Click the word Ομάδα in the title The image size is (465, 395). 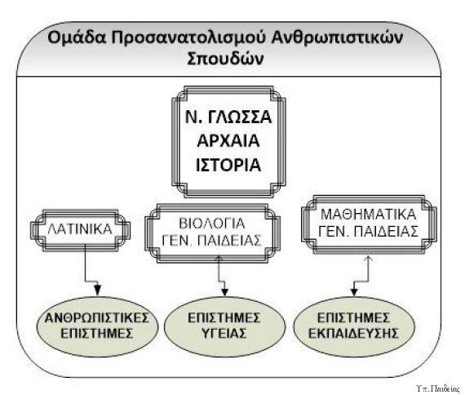point(77,38)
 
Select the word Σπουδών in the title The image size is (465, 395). point(225,59)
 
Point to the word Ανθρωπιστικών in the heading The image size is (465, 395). point(337,38)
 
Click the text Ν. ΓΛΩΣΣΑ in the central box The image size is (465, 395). point(228,117)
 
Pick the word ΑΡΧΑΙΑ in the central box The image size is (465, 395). point(228,140)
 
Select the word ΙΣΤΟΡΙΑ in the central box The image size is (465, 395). point(228,165)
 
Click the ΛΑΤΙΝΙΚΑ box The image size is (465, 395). point(80,230)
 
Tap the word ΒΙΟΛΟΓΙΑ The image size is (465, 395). point(212,224)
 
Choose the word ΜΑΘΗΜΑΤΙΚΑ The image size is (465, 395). point(369,215)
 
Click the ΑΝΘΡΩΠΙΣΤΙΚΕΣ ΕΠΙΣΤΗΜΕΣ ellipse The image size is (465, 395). point(97,326)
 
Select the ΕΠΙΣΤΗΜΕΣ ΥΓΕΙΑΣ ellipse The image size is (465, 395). point(224,326)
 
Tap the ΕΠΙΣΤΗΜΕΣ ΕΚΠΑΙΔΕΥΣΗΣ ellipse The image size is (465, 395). point(353,326)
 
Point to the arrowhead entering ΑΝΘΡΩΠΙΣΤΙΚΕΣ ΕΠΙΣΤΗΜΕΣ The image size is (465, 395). point(98,291)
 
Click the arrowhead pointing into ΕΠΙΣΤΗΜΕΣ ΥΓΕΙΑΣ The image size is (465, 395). point(224,291)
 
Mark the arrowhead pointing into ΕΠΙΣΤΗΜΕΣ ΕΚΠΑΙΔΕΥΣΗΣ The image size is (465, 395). point(354,291)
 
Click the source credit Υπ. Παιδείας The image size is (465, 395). point(438,388)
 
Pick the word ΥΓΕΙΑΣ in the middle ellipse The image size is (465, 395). point(224,333)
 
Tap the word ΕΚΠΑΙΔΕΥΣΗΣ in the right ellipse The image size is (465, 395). point(353,333)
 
